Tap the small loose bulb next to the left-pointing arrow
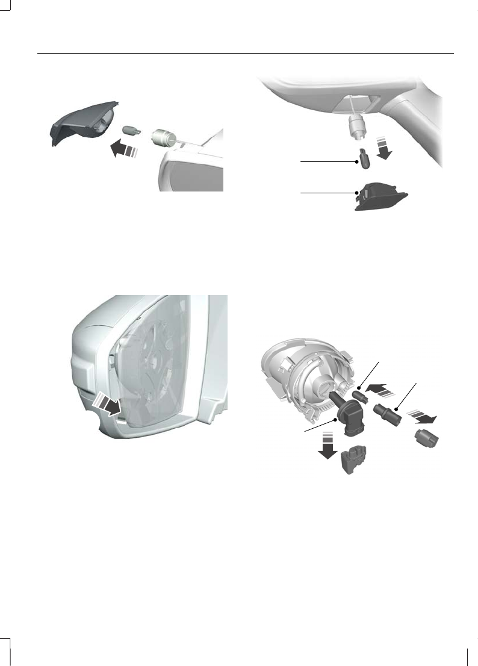click(131, 129)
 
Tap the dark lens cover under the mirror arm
click(380, 196)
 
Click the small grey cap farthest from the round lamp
click(428, 438)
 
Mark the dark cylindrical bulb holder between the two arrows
click(389, 413)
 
